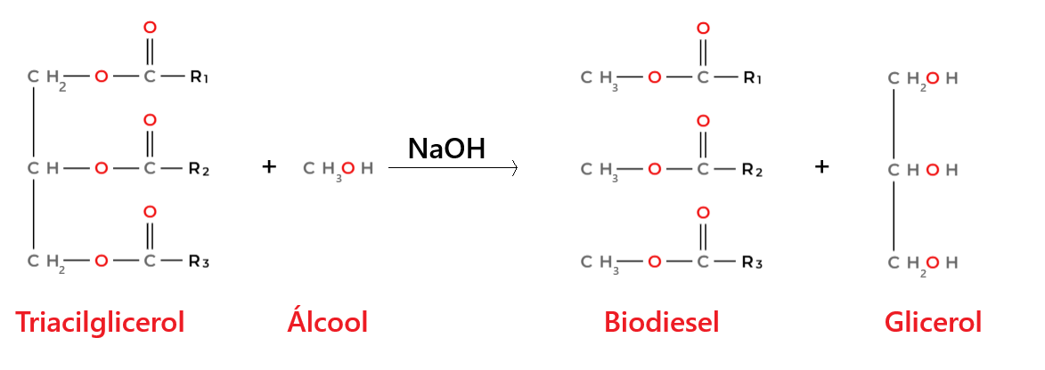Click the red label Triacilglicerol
100,324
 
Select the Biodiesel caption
661,324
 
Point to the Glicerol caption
933,324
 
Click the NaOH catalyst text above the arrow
446,149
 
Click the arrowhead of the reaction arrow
514,169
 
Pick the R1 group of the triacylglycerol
200,78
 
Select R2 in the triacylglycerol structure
200,170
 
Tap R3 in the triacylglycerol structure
200,261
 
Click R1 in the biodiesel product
753,78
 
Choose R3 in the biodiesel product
753,262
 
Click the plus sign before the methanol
268,166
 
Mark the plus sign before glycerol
821,167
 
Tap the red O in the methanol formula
348,169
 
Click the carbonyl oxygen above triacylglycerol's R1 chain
150,28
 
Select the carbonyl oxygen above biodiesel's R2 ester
702,120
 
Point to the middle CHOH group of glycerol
923,171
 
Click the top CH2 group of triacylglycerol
46,79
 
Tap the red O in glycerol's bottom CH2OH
933,262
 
